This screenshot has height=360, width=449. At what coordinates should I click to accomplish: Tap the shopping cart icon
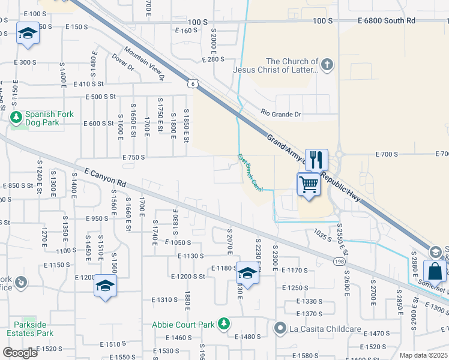[309, 184]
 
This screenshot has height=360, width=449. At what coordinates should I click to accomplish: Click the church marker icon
[327, 65]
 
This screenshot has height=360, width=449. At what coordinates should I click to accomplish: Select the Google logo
[20, 352]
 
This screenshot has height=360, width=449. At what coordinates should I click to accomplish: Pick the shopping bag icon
[434, 271]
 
